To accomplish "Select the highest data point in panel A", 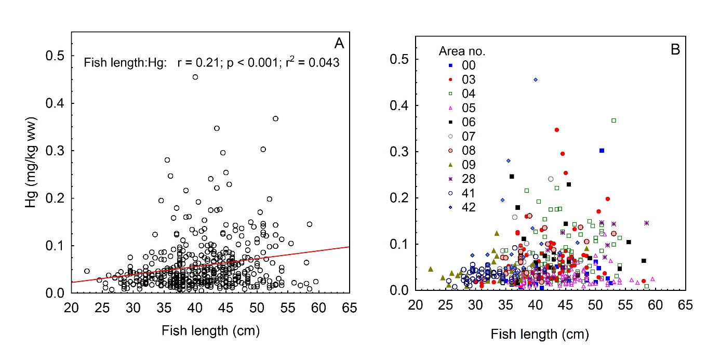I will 195,77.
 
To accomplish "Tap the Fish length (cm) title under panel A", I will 210,330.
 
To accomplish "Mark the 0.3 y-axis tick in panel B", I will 399,152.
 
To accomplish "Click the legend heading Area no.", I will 462,51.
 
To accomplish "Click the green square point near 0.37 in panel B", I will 614,121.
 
